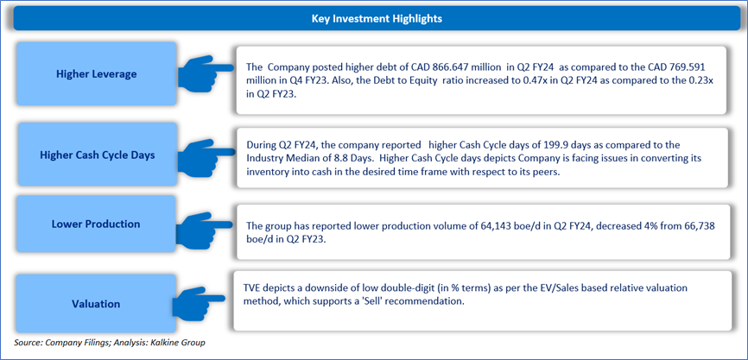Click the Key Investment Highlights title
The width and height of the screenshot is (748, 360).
tap(377, 19)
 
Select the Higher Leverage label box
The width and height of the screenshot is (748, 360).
tap(97, 74)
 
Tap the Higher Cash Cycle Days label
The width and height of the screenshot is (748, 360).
tap(97, 155)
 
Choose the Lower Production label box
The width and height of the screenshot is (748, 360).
tap(97, 224)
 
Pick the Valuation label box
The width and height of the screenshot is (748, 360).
tap(97, 304)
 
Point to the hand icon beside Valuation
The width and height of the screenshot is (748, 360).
tap(199, 302)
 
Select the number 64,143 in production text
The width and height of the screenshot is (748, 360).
tap(491, 227)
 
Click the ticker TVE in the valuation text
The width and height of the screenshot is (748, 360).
tap(250, 289)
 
